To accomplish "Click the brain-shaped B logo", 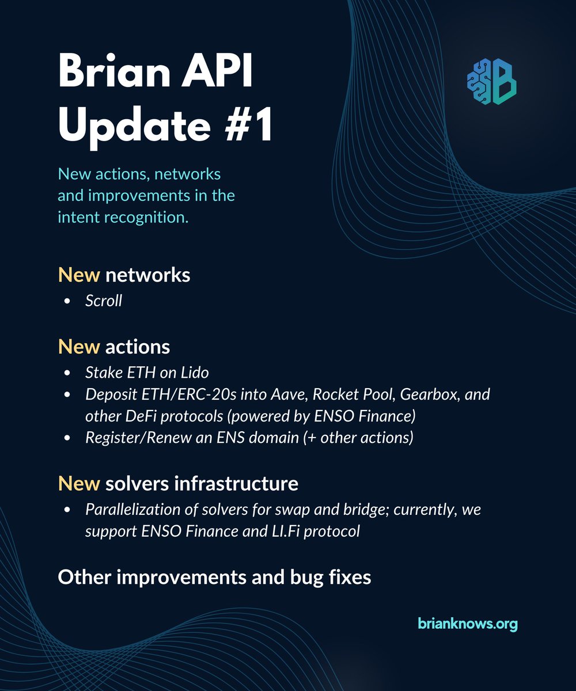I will point(491,81).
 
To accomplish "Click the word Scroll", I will point(104,301).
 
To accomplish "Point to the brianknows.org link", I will point(468,623).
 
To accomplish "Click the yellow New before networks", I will point(79,275).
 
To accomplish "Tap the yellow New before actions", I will point(79,347).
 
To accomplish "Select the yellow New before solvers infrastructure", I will point(79,484).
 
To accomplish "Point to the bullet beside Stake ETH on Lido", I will point(68,373).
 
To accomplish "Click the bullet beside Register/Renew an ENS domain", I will point(68,438).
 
